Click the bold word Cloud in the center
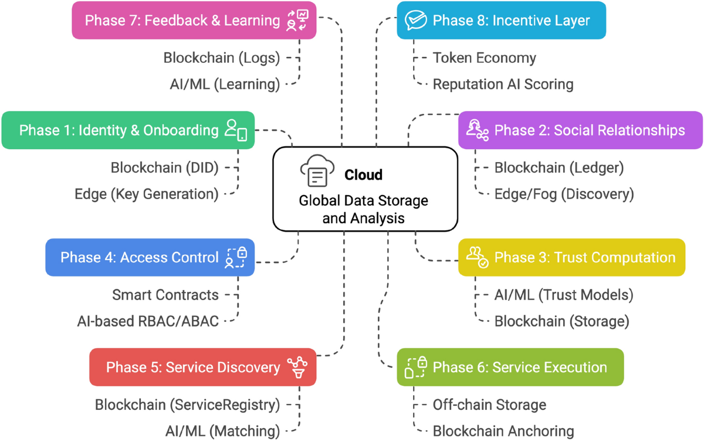[x=363, y=174]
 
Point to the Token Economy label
[x=484, y=58]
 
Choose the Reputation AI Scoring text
[x=503, y=84]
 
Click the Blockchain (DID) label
[x=164, y=167]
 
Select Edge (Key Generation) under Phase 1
[x=146, y=193]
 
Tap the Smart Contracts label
[x=165, y=294]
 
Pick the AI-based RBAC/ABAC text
[x=148, y=321]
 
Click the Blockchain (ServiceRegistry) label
[x=187, y=405]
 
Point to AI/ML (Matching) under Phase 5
[x=222, y=430]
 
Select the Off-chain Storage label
[x=489, y=405]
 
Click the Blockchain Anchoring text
[x=503, y=430]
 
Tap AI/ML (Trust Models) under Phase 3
[x=563, y=294]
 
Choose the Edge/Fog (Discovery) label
[x=564, y=193]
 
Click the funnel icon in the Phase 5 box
[x=298, y=368]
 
